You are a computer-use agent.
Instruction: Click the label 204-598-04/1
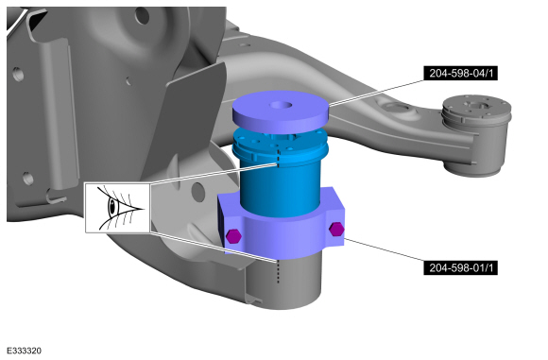[x=460, y=73]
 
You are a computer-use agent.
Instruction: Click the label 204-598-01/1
[x=460, y=267]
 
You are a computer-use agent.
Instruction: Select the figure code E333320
[x=25, y=351]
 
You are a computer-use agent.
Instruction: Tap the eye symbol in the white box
[x=120, y=208]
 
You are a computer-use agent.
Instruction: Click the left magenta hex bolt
[x=233, y=236]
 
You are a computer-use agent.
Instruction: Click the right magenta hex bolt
[x=336, y=229]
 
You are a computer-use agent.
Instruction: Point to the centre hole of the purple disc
[x=281, y=105]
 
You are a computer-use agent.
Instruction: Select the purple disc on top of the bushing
[x=281, y=111]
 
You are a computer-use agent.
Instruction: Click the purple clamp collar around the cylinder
[x=281, y=227]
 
